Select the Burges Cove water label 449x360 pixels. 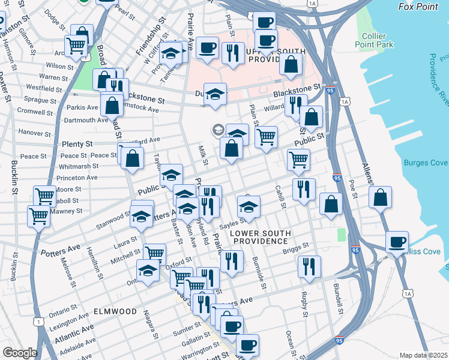pos(426,163)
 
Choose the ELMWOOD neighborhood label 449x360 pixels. pos(115,312)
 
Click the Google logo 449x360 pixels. pos(19,353)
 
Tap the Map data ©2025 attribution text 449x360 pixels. pos(423,355)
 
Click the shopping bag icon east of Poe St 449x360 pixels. pos(380,197)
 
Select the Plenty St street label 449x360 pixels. pos(77,145)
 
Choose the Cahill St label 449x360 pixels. pos(280,197)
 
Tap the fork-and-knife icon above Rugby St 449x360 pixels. pos(309,267)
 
